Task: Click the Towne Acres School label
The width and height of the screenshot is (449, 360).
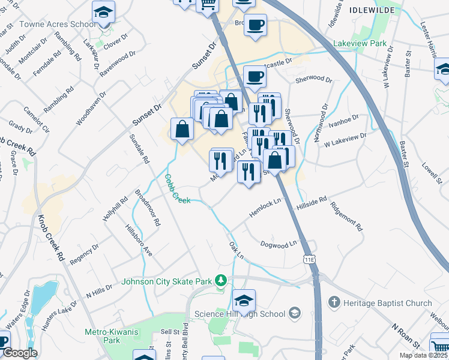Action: coord(58,24)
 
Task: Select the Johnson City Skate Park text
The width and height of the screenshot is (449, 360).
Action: coord(167,281)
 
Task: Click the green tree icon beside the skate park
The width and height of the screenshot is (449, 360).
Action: coord(221,280)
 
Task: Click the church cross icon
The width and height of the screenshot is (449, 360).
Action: coord(334,302)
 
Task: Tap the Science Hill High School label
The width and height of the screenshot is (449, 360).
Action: coord(240,314)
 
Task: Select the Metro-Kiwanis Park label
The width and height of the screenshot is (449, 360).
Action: coord(103,335)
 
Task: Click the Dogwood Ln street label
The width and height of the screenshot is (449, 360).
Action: coord(279,244)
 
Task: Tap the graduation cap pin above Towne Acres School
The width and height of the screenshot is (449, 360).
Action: coord(103,12)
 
